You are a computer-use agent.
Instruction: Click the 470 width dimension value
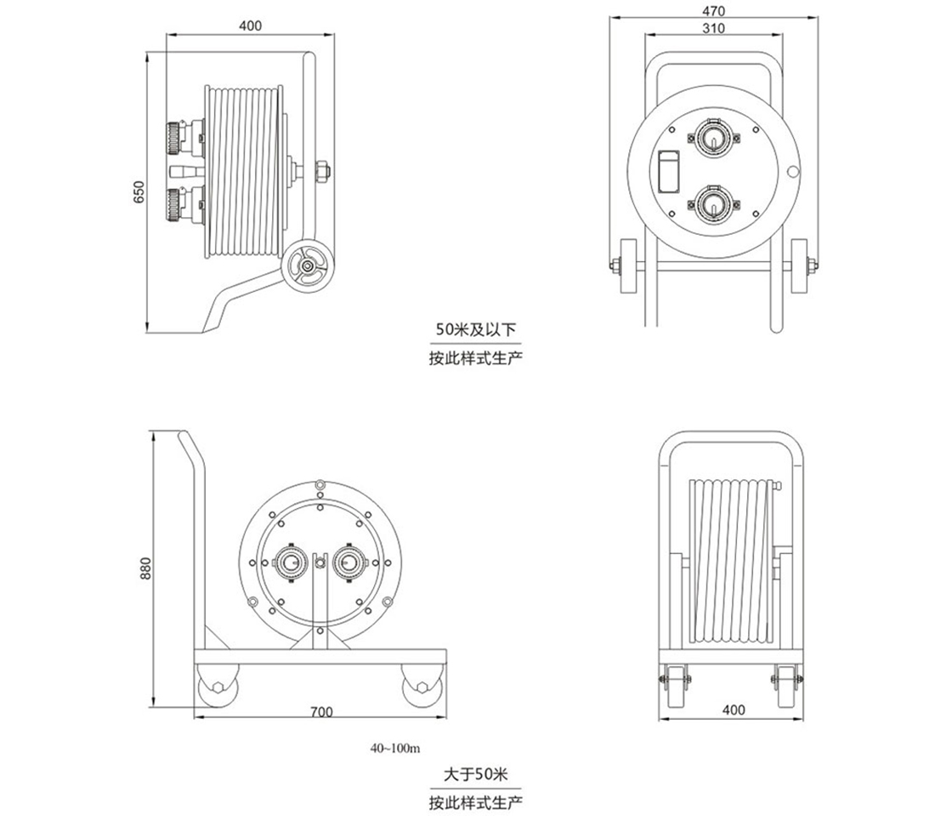pos(713,11)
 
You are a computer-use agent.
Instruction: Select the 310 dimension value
pos(713,28)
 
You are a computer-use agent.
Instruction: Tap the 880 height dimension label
pos(144,568)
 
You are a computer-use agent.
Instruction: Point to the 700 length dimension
pos(320,711)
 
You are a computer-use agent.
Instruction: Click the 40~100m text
pos(395,749)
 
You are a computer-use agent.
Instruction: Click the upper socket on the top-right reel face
pos(713,138)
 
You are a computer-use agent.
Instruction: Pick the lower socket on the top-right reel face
pos(713,204)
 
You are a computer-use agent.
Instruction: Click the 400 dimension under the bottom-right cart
pos(732,709)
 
